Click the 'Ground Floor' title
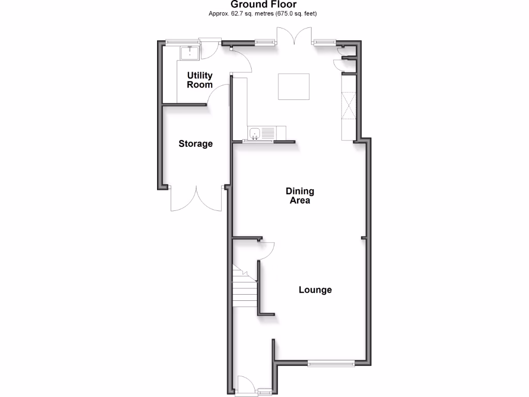264,5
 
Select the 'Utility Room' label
199,80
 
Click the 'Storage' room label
196,144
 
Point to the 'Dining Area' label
300,195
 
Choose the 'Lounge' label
315,290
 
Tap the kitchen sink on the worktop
256,134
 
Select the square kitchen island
294,86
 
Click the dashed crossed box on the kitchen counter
349,105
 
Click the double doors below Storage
196,199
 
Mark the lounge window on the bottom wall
331,364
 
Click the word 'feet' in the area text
309,13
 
